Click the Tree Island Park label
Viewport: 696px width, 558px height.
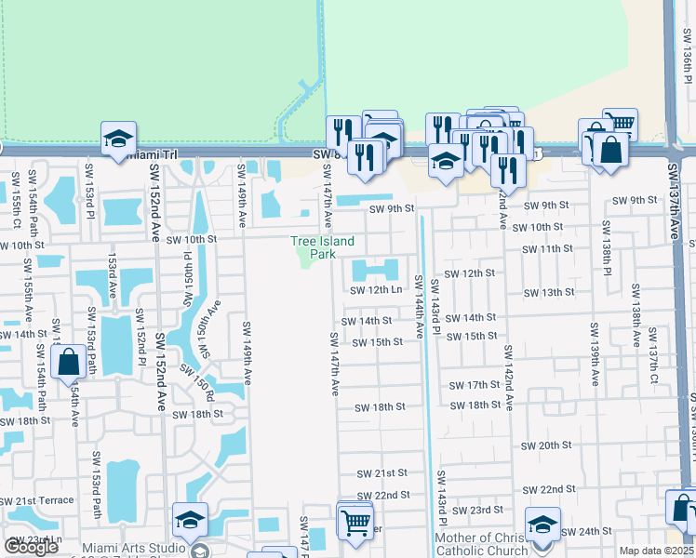tap(322, 247)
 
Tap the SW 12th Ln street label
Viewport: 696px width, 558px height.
tap(376, 290)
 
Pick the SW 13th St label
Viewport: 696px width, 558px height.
tap(549, 292)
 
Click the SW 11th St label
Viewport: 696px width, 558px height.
tap(547, 249)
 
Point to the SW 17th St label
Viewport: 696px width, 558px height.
tap(475, 385)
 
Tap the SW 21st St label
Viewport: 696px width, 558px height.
tap(381, 473)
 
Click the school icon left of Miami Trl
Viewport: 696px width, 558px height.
tap(119, 139)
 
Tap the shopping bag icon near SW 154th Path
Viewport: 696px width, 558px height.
tap(70, 361)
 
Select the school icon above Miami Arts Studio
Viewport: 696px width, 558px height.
tap(190, 520)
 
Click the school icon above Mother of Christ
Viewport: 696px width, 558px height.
tap(542, 524)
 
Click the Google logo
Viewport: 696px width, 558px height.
tap(31, 547)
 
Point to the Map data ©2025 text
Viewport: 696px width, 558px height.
tap(656, 551)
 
